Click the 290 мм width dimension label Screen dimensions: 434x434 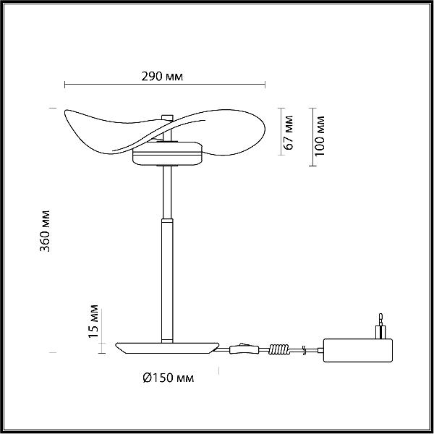point(162,77)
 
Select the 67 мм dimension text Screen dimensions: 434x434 point(289,132)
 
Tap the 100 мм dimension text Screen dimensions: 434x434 point(320,136)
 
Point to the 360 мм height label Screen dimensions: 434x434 point(45,231)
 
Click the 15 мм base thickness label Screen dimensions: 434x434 point(93,321)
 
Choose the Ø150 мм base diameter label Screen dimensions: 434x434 point(169,378)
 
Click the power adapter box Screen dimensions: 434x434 point(358,350)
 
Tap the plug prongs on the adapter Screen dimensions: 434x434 point(380,326)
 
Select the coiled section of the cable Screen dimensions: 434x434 point(278,349)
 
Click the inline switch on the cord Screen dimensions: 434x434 point(244,349)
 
